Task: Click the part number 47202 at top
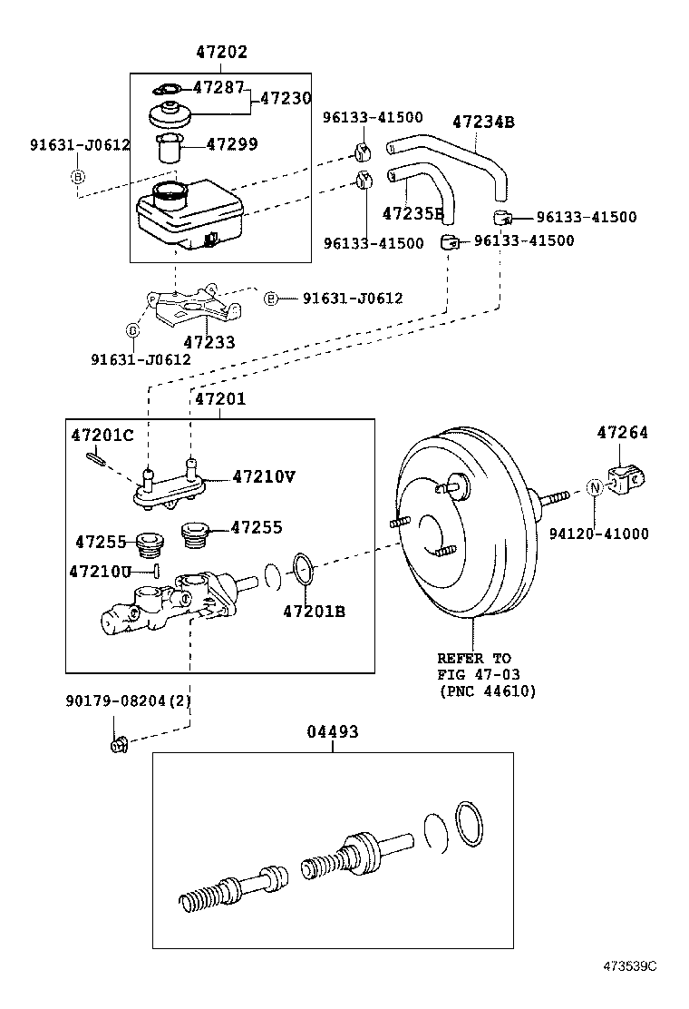coord(221,53)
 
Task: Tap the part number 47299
coord(232,144)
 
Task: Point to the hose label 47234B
coord(483,122)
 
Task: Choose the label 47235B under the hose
coord(413,214)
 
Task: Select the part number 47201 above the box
coord(221,399)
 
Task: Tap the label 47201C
coord(102,436)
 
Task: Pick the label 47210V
coord(264,475)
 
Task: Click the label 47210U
coord(101,571)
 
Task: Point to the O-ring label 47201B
coord(314,612)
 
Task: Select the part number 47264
coord(622,434)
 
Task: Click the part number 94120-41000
coord(598,534)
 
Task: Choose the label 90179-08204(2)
coord(128,700)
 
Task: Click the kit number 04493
coord(332,731)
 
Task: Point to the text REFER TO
coord(473,658)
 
